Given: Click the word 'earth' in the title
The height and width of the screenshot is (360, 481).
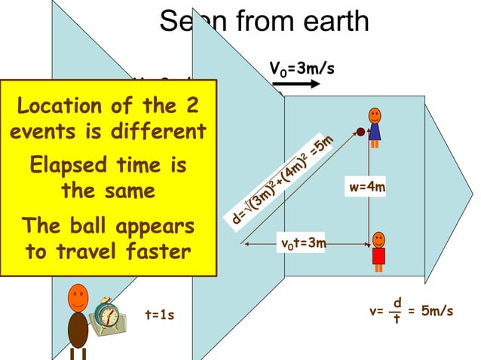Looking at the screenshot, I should click(332, 21).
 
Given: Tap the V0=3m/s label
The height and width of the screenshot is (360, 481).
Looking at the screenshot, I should click(302, 69).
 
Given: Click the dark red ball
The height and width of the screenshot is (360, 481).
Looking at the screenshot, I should click(360, 133).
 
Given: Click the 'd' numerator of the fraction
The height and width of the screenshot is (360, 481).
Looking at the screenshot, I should click(397, 302).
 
